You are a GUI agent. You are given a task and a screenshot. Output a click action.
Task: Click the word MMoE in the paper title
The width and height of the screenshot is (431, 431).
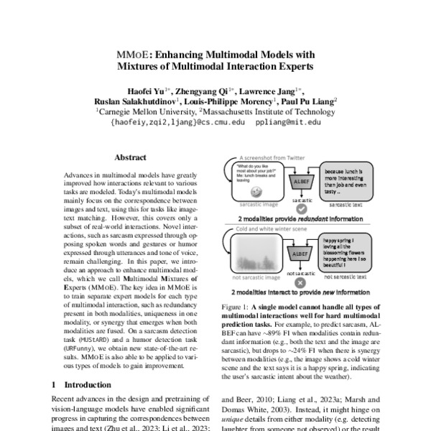click(x=132, y=55)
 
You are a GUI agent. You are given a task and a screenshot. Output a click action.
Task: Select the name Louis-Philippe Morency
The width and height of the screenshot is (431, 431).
click(x=221, y=101)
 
